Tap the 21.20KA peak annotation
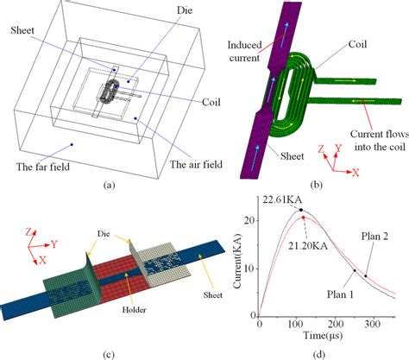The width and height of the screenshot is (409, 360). point(308,245)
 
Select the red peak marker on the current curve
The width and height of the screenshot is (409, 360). point(303,217)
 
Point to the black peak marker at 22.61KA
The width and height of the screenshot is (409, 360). point(301,210)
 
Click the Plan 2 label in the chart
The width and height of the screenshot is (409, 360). point(375,236)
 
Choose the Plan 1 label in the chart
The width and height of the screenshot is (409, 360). point(341,294)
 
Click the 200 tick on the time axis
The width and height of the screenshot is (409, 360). point(336,324)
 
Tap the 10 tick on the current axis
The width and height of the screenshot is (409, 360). point(250,268)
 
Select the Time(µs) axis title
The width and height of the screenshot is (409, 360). point(324,335)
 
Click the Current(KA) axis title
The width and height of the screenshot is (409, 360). point(237,261)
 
